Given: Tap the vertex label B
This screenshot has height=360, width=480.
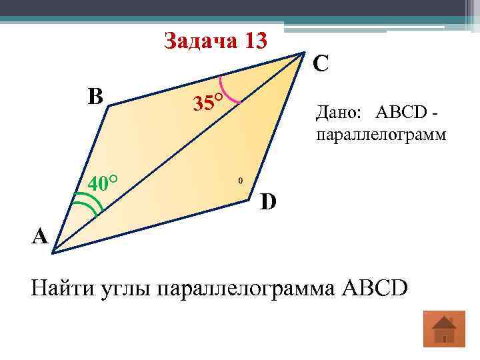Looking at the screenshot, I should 95,97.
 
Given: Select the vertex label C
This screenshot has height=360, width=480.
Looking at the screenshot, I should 321,64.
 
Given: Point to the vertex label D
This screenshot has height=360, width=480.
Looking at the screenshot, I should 269,201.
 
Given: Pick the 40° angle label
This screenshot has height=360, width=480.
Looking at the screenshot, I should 103,182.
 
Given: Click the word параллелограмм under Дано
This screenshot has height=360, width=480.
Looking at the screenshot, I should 381,135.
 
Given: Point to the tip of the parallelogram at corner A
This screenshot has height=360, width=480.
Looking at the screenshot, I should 53,251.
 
